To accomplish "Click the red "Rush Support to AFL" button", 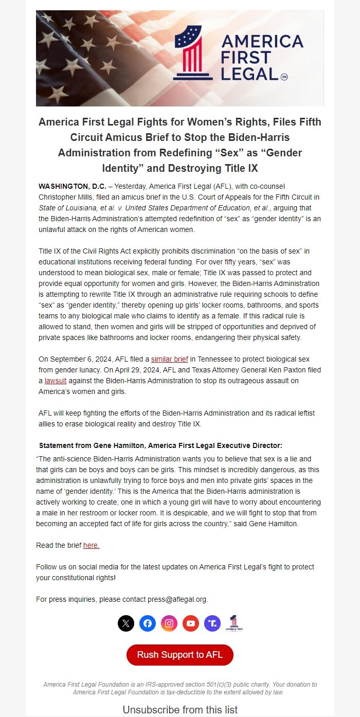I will (180, 655).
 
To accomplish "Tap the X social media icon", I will (126, 623).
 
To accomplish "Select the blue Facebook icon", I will (148, 623).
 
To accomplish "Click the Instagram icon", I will (169, 623).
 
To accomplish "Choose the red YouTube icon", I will (191, 623).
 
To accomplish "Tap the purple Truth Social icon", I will (212, 623).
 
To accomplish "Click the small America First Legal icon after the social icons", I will (234, 623).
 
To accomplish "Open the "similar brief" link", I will (169, 359).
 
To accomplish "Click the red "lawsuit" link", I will (55, 381).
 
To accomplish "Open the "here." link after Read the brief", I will (91, 545).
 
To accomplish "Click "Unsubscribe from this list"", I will (180, 710).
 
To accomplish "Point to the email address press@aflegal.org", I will (177, 599).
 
